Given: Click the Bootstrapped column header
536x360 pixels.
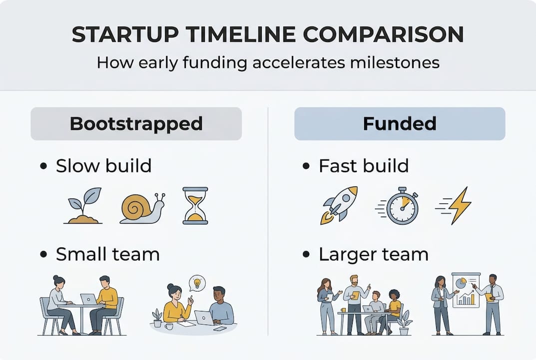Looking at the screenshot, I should (136, 123).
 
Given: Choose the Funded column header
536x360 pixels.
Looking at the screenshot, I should (400, 123).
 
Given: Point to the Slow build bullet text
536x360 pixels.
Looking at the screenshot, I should (103, 166).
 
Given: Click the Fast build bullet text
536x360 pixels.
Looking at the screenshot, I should (363, 166).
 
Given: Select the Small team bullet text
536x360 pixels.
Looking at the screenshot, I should (107, 254).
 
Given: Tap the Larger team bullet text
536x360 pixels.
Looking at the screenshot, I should (373, 254).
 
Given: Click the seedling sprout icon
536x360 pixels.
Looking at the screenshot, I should (84, 205).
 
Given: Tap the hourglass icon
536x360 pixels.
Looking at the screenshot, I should (195, 205).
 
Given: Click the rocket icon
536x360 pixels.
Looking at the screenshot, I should (340, 205).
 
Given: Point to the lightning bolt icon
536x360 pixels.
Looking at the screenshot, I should (459, 205).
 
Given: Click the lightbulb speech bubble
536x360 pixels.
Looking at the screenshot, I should (197, 283).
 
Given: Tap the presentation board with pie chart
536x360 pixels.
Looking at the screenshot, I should (466, 290).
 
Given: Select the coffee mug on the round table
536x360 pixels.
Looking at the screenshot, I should (168, 326).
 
